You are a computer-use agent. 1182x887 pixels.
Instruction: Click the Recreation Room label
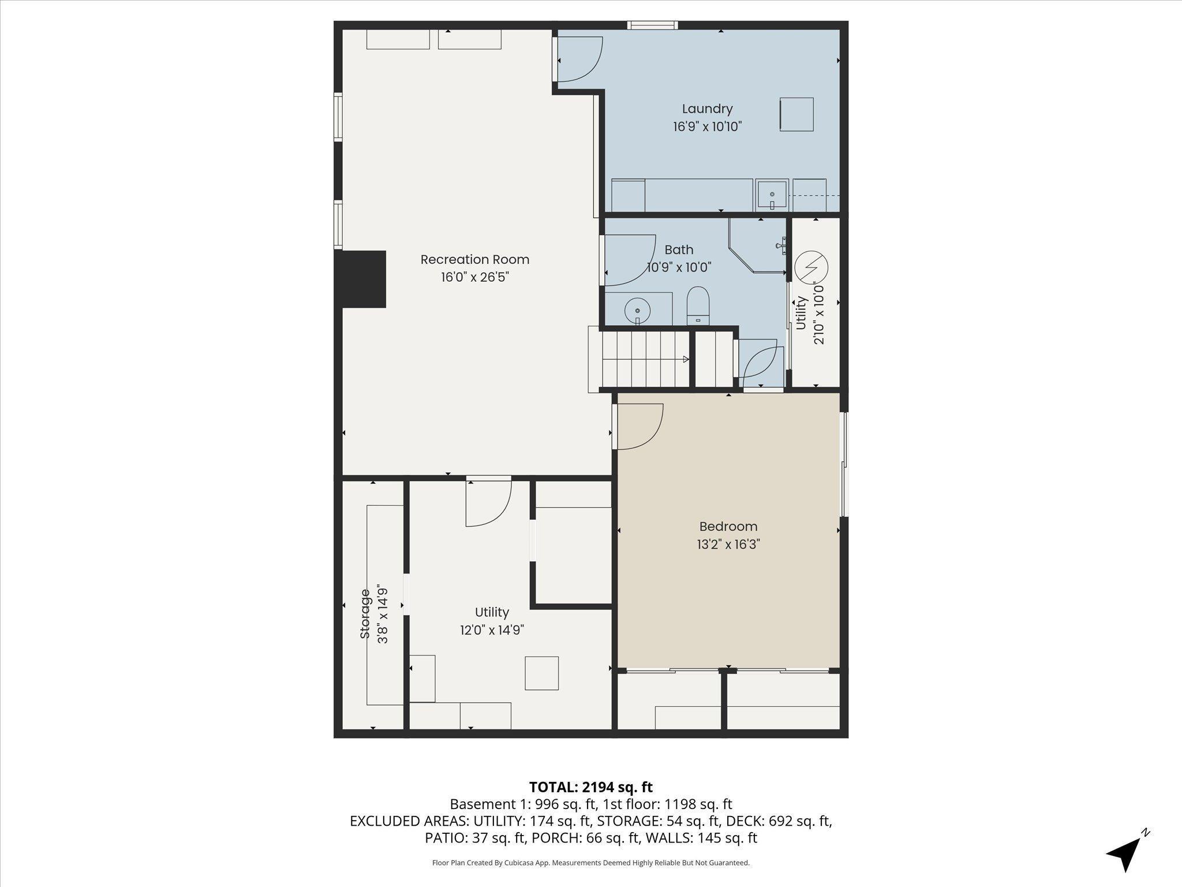point(474,260)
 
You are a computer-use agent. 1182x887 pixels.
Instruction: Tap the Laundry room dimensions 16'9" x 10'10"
point(707,126)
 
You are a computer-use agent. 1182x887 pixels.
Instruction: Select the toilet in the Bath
point(698,305)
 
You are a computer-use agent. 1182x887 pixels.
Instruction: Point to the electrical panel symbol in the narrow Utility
point(811,267)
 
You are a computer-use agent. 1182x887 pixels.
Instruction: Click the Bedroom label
point(728,527)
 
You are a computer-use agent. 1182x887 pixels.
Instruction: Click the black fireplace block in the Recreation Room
point(364,279)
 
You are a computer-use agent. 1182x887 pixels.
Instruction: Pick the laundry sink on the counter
point(772,195)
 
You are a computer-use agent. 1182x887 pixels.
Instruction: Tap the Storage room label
point(365,613)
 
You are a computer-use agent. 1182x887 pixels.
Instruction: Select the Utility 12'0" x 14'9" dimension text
point(492,629)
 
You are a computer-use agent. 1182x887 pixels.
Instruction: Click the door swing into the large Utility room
point(488,503)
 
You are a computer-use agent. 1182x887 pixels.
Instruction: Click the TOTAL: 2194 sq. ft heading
point(591,787)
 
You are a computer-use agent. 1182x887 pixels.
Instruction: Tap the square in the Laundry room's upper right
point(796,114)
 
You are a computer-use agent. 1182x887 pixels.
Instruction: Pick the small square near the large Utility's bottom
point(541,673)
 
